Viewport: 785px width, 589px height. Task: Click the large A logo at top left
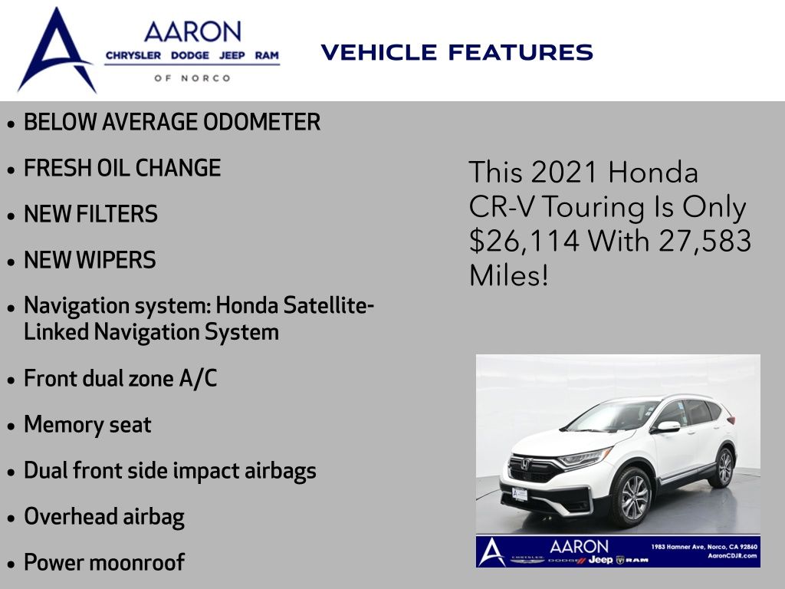(56, 50)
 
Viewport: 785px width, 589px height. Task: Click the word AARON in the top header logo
(192, 32)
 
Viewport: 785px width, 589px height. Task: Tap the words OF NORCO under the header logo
(192, 78)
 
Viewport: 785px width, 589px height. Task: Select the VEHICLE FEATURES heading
(457, 53)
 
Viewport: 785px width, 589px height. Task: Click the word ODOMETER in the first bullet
(262, 122)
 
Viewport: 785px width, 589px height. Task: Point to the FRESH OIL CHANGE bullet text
(122, 168)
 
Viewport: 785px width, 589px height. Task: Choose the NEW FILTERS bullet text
(90, 214)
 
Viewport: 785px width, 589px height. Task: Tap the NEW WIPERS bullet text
(90, 260)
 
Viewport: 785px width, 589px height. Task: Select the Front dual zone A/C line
(120, 378)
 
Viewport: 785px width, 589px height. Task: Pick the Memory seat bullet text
(87, 424)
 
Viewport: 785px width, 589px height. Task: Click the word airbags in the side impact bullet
(281, 472)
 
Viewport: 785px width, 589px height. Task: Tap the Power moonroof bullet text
(104, 562)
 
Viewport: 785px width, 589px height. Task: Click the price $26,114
(524, 241)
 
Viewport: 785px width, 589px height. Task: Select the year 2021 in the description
(564, 173)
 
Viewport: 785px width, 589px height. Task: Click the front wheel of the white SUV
(632, 497)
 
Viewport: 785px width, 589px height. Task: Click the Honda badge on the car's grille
(524, 464)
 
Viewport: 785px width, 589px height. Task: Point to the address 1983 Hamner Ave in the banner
(678, 547)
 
